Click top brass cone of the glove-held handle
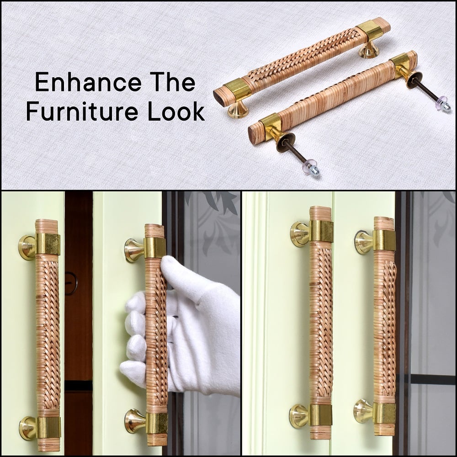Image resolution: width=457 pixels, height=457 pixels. tap(135, 249)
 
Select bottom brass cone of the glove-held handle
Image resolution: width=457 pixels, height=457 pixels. tap(136, 419)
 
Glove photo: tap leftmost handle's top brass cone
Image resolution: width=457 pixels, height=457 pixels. tap(27, 247)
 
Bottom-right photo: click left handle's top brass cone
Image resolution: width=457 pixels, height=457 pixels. tap(300, 233)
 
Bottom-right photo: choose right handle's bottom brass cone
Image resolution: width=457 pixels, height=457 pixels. tap(363, 411)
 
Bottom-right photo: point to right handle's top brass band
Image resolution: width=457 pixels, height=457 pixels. tap(384, 240)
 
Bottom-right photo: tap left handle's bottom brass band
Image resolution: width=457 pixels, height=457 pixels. tap(320, 415)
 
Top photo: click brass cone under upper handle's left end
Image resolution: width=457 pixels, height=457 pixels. tap(238, 110)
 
